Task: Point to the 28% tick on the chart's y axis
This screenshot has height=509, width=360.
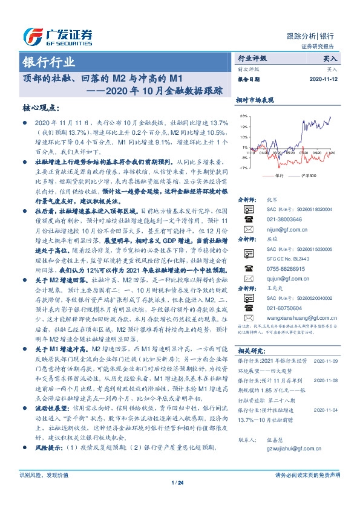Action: click(x=243, y=115)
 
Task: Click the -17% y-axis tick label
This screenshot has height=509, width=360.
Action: click(x=243, y=167)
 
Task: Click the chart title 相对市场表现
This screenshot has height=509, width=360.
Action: click(x=255, y=99)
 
